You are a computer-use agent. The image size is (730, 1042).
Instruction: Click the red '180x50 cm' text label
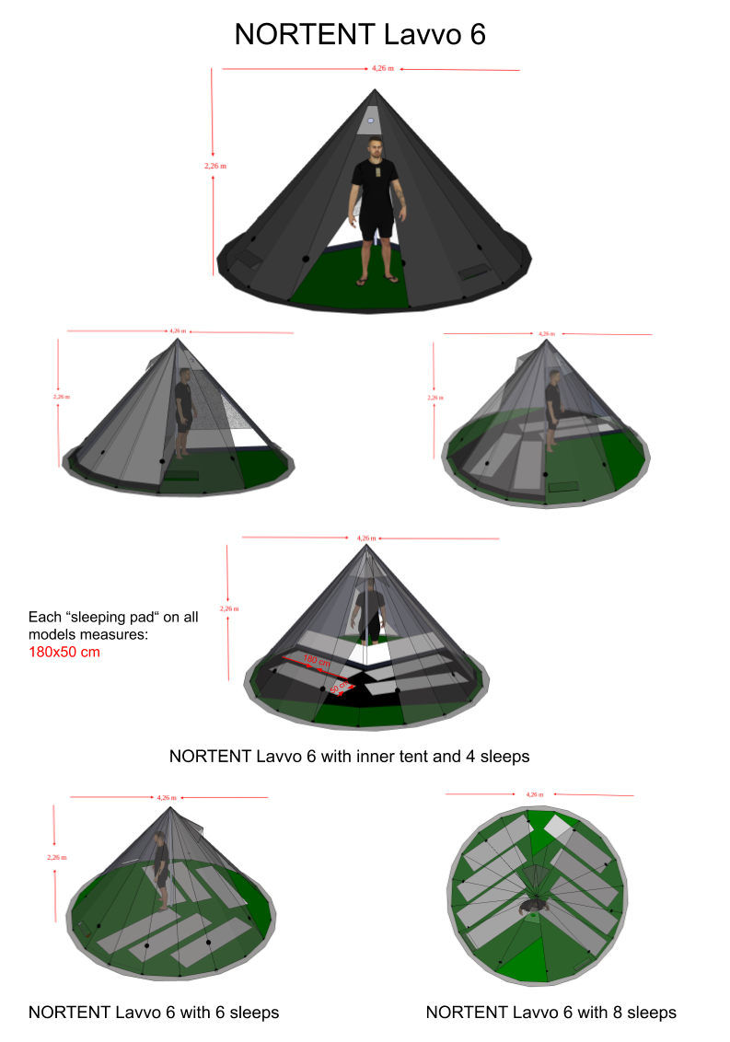pos(64,653)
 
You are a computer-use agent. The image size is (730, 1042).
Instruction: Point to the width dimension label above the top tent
pos(383,68)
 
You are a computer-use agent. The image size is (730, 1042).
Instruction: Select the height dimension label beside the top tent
pos(215,167)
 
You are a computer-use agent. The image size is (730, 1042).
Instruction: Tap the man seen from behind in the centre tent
pos(370,609)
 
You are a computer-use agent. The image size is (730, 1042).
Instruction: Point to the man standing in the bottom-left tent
pos(162,870)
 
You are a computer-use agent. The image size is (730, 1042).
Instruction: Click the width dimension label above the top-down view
pos(534,793)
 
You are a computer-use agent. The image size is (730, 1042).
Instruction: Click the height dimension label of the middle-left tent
pos(61,397)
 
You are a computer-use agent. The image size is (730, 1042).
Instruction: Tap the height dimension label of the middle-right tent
pos(435,398)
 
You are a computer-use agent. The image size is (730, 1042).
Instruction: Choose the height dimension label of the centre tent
pos(228,608)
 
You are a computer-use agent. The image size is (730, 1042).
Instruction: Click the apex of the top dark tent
pos(375,91)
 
